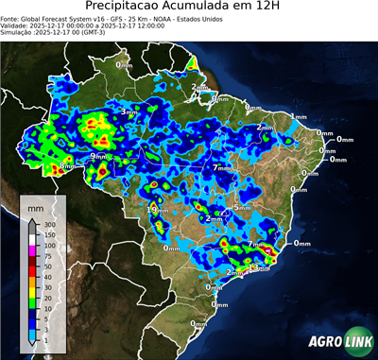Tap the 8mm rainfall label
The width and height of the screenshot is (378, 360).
(66, 167)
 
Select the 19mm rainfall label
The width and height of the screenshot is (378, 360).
(158, 208)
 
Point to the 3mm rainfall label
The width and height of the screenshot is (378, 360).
(129, 112)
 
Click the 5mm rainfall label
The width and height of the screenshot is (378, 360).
(242, 207)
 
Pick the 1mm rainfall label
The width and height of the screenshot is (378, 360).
(299, 116)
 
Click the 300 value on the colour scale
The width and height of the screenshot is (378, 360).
(51, 224)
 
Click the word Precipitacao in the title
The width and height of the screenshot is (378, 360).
(123, 8)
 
